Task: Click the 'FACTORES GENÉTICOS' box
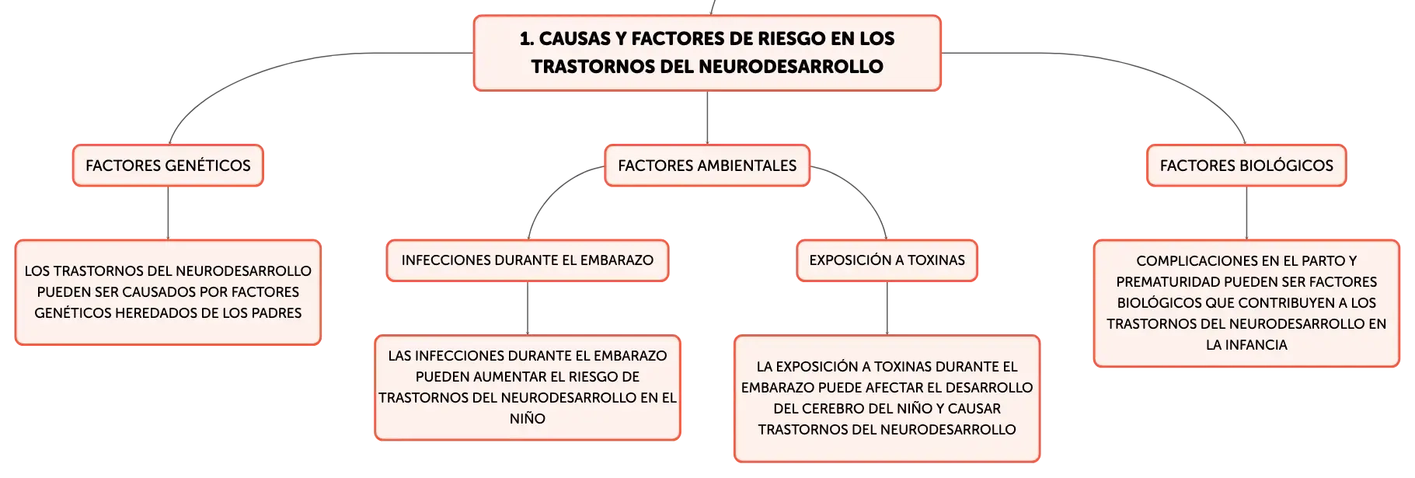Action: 168,166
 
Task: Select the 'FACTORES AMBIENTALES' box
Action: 707,166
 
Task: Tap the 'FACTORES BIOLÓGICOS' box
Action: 1246,166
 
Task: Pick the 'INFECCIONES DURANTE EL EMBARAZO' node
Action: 528,260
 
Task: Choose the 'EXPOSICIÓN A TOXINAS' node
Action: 887,260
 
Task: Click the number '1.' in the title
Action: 527,39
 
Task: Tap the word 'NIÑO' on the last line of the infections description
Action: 528,418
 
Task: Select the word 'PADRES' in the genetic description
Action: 276,313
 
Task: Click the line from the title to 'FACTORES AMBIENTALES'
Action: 707,117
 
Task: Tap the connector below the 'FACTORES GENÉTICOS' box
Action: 168,213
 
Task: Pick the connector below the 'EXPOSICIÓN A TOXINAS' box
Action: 887,309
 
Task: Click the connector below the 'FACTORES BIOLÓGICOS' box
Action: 1246,213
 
